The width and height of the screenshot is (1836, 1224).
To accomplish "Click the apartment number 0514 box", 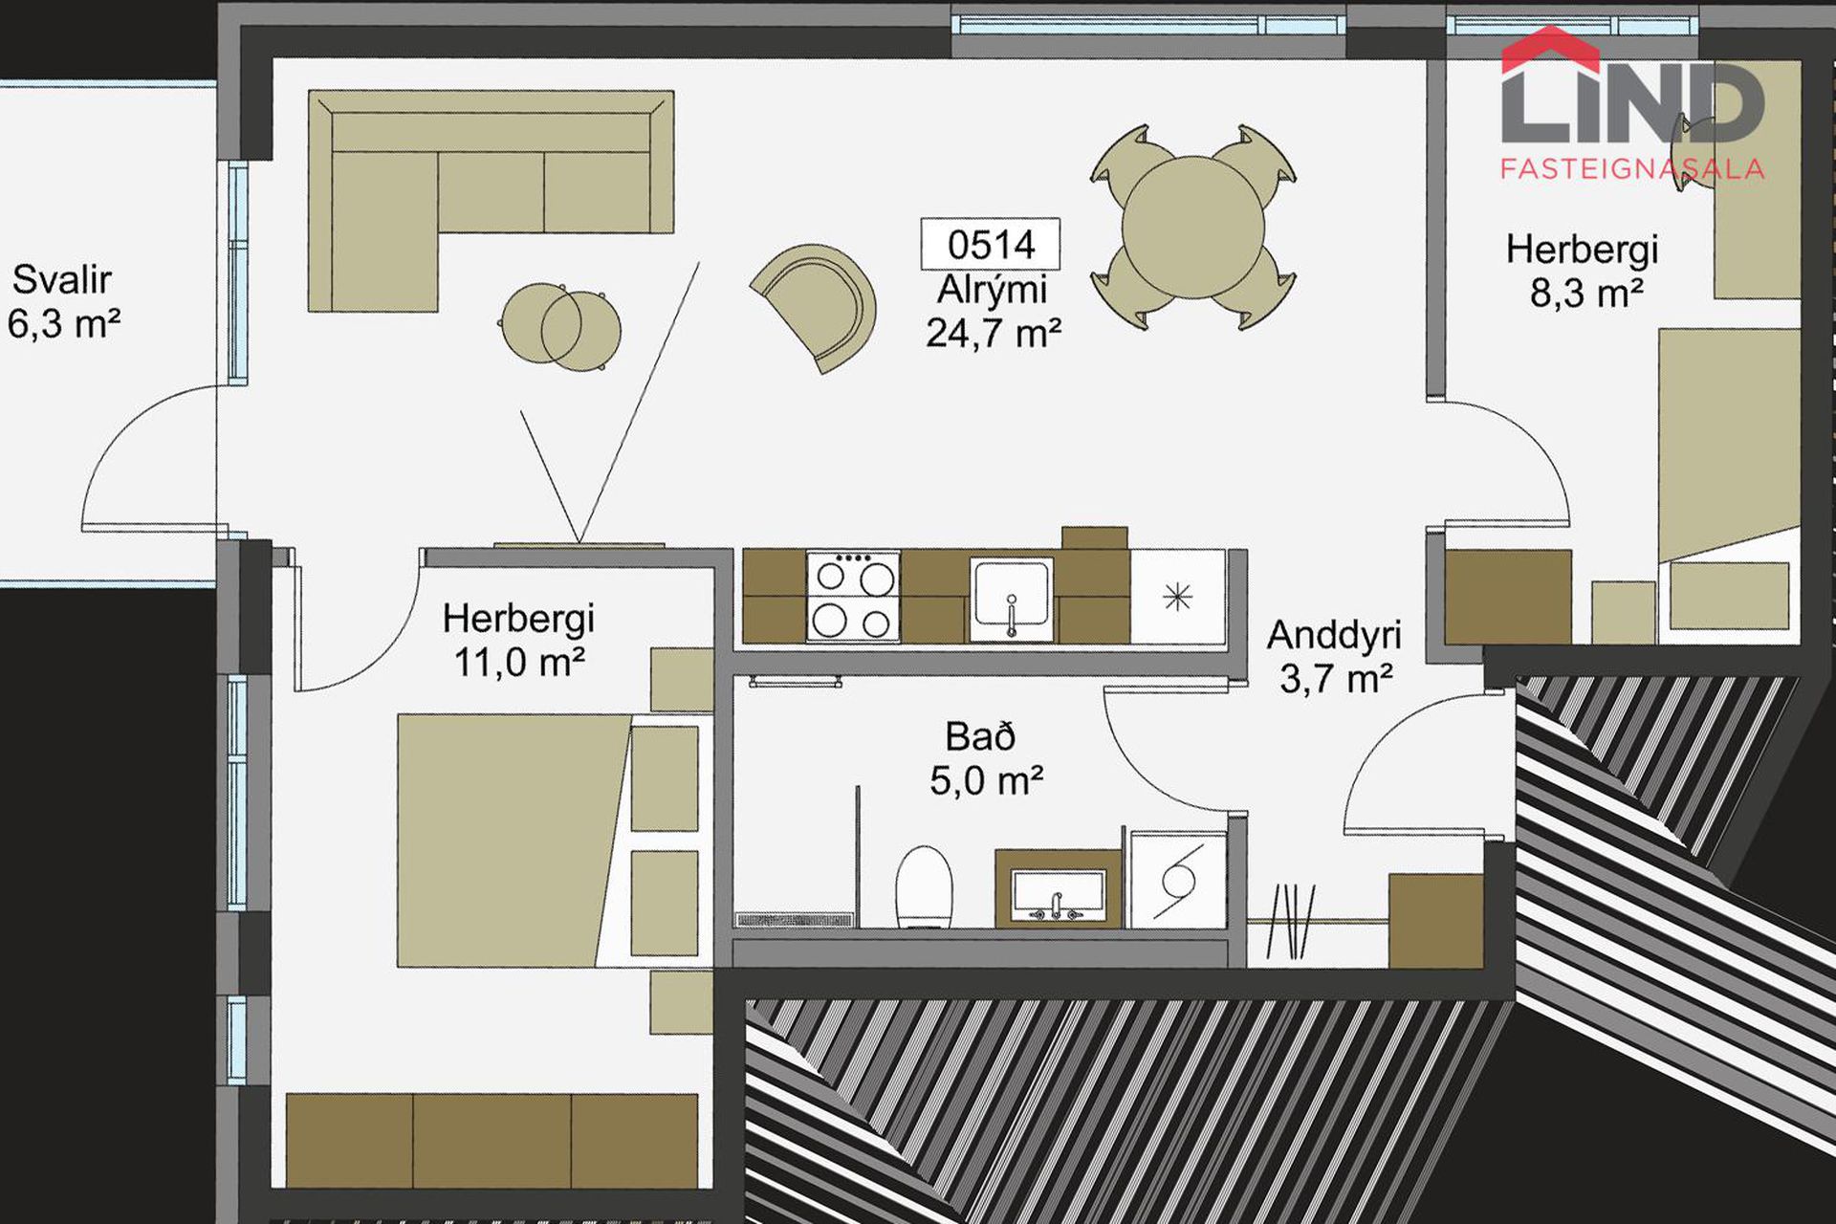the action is pyautogui.click(x=990, y=245).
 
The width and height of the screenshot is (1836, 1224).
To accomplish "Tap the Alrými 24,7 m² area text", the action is pyautogui.click(x=994, y=312).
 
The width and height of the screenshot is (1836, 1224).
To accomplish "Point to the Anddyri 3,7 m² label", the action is pyautogui.click(x=1335, y=657).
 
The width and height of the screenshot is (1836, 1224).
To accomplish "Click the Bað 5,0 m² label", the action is pyautogui.click(x=986, y=759).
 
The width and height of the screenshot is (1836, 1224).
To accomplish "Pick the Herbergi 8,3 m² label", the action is pyautogui.click(x=1583, y=271).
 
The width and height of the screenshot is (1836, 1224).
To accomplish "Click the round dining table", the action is pyautogui.click(x=1192, y=228).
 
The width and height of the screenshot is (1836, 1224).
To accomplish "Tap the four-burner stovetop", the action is pyautogui.click(x=853, y=596).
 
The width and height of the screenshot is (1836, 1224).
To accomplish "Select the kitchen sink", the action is pyautogui.click(x=1012, y=600).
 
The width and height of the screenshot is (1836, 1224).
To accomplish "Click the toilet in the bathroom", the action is pyautogui.click(x=924, y=886).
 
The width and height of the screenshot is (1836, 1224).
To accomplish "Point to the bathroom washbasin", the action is pyautogui.click(x=1058, y=892).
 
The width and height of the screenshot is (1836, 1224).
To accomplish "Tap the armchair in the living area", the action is pyautogui.click(x=818, y=306).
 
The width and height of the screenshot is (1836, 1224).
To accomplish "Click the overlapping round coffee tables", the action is pyautogui.click(x=560, y=327).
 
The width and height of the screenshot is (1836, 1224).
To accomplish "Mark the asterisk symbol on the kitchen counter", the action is pyautogui.click(x=1178, y=598).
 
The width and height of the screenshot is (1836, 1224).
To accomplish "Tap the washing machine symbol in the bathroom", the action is pyautogui.click(x=1178, y=880).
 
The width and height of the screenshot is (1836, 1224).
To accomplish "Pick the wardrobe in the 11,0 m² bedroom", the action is pyautogui.click(x=492, y=1140).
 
